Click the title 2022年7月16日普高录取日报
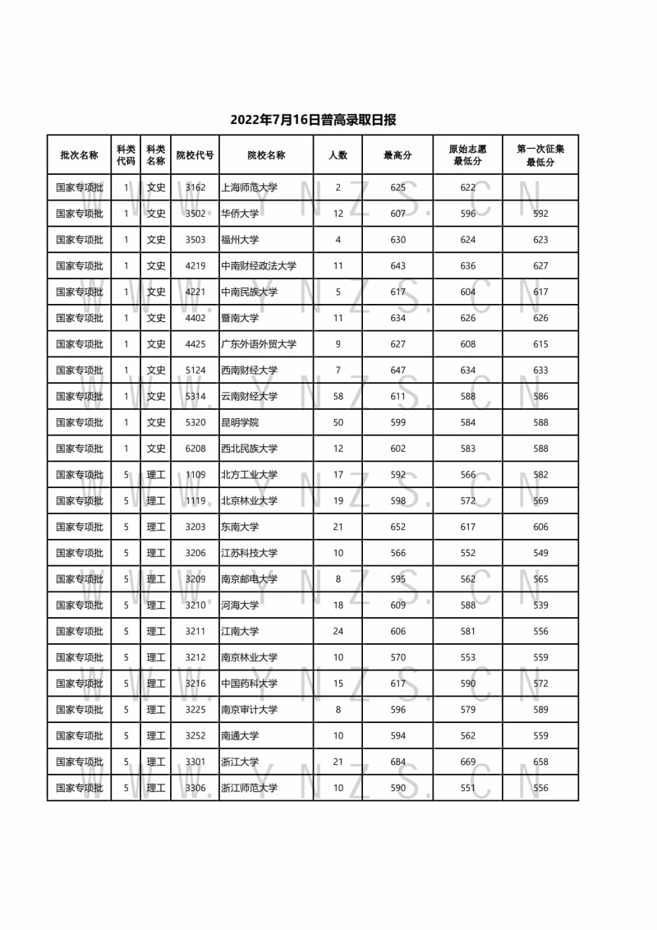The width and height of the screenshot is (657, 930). pos(313,120)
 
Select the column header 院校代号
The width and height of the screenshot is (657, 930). pos(195,154)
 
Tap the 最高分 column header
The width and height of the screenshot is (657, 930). pos(398,154)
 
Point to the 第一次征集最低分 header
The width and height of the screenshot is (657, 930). pos(540,154)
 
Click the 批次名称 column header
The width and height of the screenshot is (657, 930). pos(80,154)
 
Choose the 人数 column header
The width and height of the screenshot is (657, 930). pos(338,154)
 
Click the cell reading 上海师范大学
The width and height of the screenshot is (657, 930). pos(250,187)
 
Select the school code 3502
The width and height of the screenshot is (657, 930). pos(195,214)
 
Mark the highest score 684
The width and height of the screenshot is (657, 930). pos(398,762)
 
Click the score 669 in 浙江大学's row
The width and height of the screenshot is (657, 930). pos(468,762)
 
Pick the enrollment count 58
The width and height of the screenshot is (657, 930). pos(338,396)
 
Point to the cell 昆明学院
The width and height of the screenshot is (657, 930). pos(240,422)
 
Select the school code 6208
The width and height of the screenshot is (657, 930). pos(195,449)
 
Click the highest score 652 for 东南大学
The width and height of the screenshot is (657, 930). pos(398,527)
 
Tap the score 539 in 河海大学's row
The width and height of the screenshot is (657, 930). pos(540,605)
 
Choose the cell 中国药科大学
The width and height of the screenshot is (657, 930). pos(250,684)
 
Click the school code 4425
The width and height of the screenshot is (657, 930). pos(195,344)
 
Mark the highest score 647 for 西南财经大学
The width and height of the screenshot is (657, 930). pos(398,371)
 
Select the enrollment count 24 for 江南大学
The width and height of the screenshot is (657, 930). pos(338,631)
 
